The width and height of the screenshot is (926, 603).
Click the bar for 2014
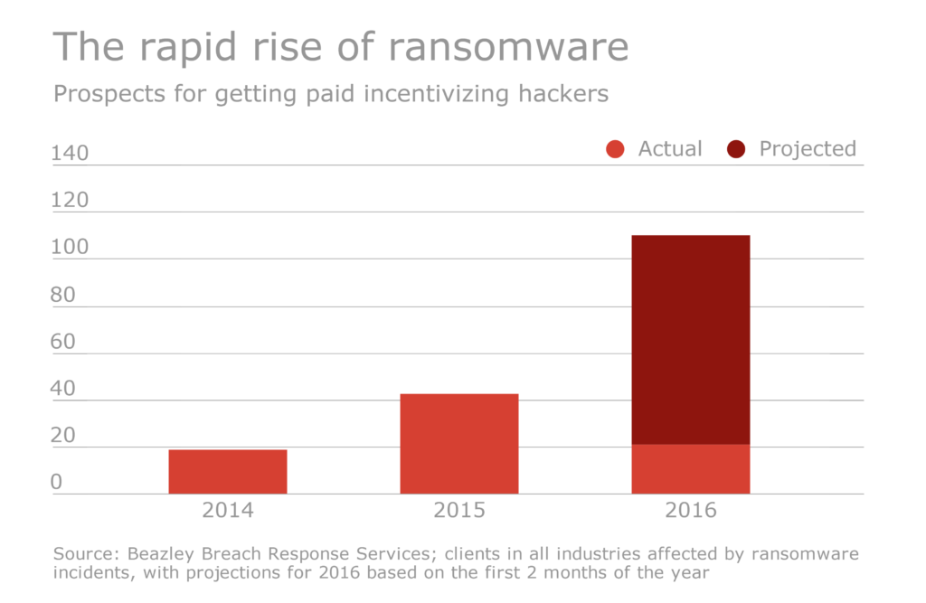228,472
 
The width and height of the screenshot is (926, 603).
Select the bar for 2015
459,444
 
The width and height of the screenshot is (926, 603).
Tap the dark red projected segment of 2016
691,339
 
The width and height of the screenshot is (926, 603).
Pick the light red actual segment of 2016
691,469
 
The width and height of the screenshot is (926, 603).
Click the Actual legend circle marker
616,150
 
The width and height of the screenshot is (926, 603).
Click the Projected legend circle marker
736,150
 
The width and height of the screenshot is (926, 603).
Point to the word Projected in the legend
807,149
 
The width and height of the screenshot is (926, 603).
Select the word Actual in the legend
670,149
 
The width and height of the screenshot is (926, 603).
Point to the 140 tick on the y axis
71,154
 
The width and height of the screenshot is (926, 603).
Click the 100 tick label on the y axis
71,248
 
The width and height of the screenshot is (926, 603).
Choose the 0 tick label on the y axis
56,483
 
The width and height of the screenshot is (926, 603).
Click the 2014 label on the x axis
228,511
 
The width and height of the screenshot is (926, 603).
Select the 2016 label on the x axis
691,511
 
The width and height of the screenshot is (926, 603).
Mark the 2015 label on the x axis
459,511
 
